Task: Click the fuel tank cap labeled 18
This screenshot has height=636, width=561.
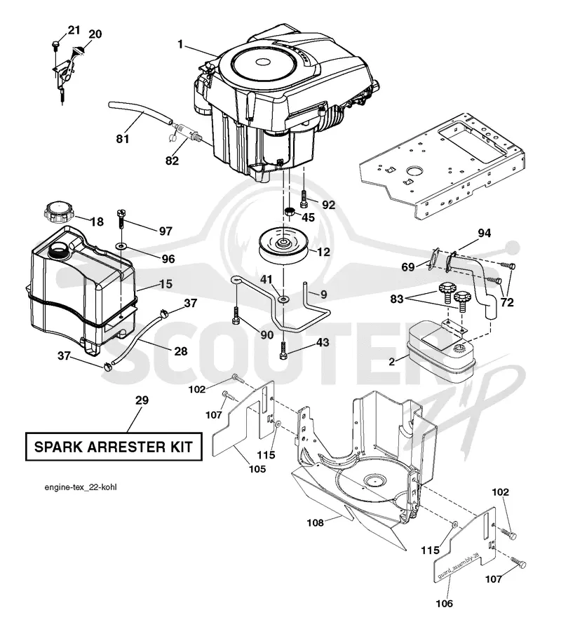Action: click(x=58, y=212)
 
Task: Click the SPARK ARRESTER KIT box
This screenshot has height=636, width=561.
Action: click(x=114, y=447)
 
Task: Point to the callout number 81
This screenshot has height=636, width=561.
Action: click(x=123, y=139)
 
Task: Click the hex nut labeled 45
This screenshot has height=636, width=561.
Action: click(x=289, y=212)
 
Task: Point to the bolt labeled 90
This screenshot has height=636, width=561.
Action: click(x=236, y=316)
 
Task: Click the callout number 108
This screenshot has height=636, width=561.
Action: click(x=315, y=523)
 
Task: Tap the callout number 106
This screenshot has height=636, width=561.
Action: click(x=444, y=604)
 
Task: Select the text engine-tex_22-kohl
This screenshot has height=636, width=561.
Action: click(x=81, y=487)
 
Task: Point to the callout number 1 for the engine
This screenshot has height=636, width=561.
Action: click(x=180, y=44)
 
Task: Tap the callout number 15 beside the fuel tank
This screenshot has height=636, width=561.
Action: click(x=166, y=283)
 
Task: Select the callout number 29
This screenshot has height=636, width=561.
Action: click(x=142, y=400)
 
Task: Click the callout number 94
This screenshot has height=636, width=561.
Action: click(x=485, y=233)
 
